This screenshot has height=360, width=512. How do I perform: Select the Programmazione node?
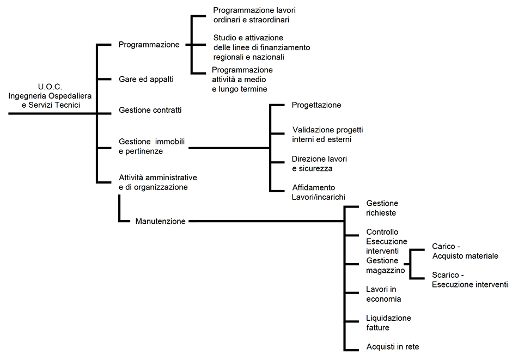click(149, 45)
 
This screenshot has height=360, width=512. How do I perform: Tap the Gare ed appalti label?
click(146, 80)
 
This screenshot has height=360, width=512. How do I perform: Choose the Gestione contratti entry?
click(150, 110)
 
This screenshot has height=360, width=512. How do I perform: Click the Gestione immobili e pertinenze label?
click(151, 147)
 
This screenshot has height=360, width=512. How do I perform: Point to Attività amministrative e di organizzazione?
click(157, 182)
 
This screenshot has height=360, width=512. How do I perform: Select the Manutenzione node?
click(160, 221)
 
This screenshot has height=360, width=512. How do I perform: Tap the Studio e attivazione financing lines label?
click(261, 47)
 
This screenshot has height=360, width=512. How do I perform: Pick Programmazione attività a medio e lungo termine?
click(242, 80)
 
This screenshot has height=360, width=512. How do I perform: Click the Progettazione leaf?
click(316, 105)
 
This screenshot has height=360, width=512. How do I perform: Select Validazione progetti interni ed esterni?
click(327, 135)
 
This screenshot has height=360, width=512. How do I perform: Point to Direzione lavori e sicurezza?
click(319, 164)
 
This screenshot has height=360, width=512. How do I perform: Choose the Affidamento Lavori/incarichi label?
click(319, 192)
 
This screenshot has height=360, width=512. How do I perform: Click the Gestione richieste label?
click(382, 208)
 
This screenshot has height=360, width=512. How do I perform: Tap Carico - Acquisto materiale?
click(465, 251)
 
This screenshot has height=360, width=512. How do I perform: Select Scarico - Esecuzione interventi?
click(469, 279)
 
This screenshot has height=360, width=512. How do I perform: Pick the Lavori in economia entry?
click(383, 294)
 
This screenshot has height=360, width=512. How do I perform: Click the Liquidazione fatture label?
click(388, 322)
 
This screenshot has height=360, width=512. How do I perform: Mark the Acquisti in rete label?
click(392, 346)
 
